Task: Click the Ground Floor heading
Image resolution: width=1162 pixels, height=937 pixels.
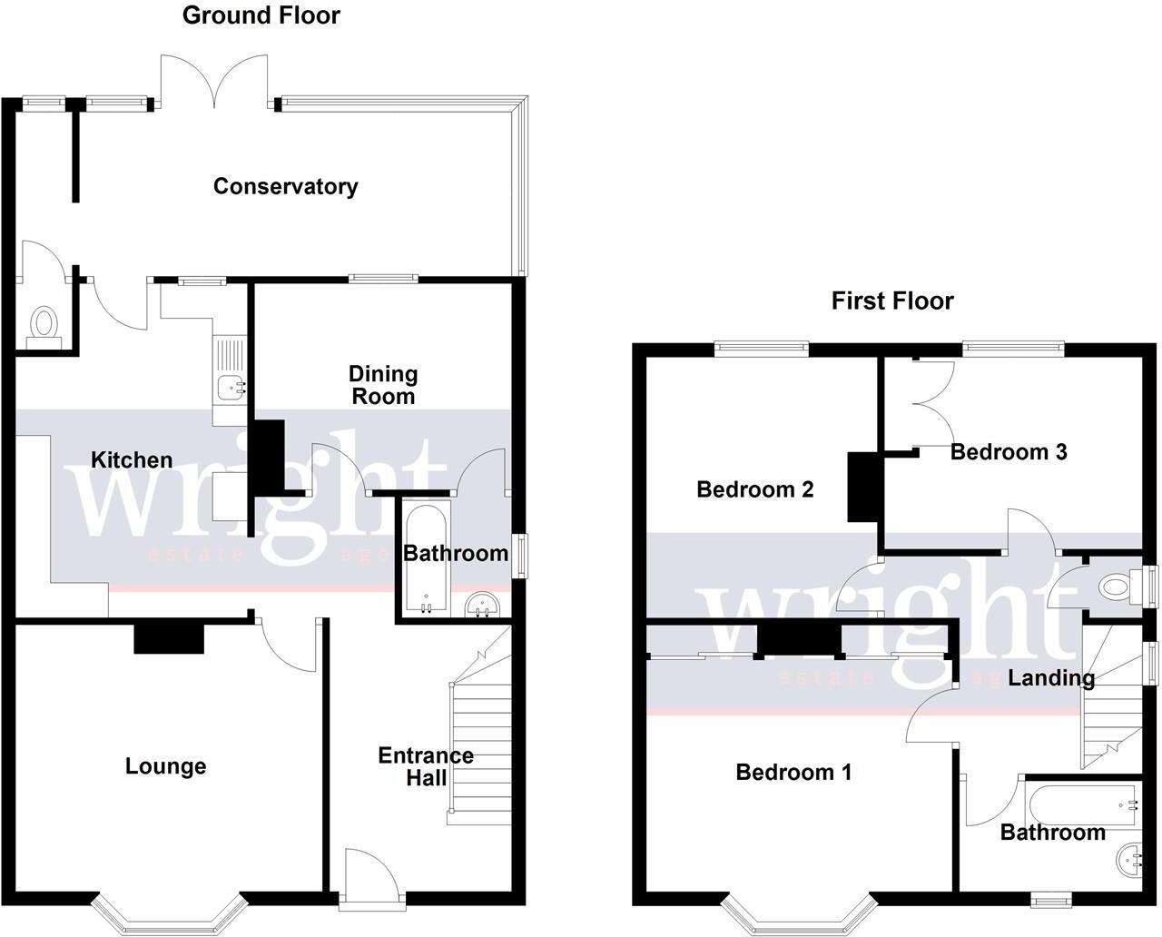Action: (261, 15)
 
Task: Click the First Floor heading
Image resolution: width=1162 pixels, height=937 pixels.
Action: (892, 301)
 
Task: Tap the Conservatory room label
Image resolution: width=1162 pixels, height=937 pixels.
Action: (285, 186)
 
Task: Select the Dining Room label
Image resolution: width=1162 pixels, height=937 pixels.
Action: (383, 385)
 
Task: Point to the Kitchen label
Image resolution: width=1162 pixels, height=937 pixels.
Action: (132, 460)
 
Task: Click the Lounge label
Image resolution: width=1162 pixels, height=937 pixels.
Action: (165, 766)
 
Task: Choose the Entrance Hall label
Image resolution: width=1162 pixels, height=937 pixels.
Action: (425, 766)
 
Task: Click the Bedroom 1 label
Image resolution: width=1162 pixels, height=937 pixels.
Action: (793, 773)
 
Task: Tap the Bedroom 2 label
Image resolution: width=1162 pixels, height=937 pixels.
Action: (754, 489)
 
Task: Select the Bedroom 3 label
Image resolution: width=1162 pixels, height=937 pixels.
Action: (1008, 451)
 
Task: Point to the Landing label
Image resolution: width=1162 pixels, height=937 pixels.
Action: (1050, 677)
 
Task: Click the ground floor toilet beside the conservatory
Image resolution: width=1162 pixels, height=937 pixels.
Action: (43, 325)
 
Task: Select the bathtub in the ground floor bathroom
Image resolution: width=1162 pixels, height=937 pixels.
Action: (425, 560)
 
